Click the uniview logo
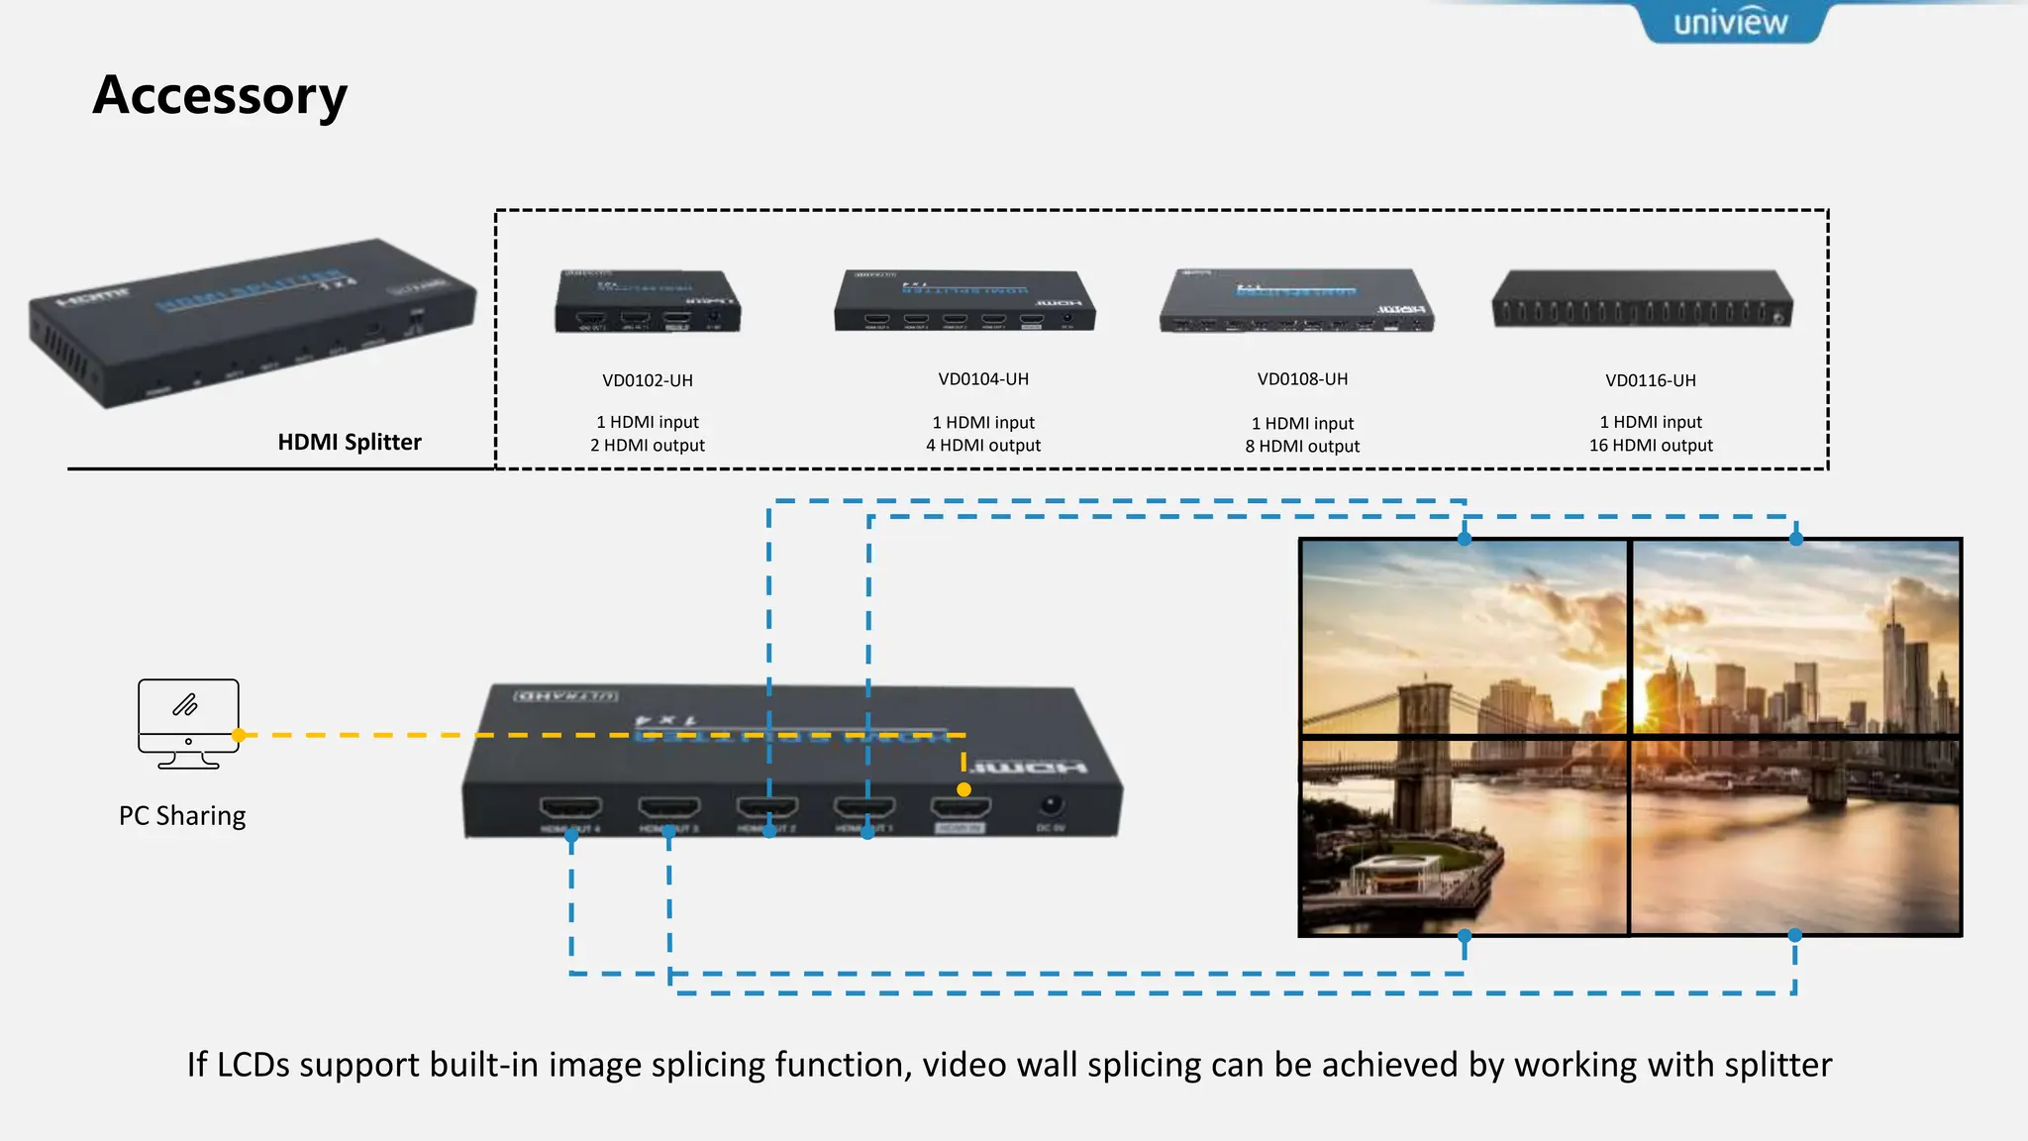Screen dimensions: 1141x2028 (1730, 22)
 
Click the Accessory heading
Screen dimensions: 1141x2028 (220, 96)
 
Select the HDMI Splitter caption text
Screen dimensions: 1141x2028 (349, 442)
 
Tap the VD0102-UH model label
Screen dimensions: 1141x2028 (648, 380)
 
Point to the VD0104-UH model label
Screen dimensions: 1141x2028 (983, 379)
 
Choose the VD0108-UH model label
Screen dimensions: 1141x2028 (1302, 379)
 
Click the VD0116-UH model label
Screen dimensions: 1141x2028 (1651, 380)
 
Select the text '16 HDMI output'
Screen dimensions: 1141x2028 (1651, 446)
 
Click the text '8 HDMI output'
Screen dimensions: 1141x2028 (1302, 447)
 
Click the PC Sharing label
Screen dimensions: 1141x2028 (182, 816)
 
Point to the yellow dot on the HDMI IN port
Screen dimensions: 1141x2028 (963, 789)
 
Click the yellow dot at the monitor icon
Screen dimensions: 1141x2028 (239, 735)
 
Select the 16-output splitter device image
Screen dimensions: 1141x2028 (1642, 300)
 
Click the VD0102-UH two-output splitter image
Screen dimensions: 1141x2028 (648, 301)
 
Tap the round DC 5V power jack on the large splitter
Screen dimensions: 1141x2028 (1051, 805)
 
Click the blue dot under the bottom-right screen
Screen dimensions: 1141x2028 (1794, 935)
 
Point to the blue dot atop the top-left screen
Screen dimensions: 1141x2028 (1465, 539)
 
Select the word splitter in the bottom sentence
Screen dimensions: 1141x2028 (1778, 1065)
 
